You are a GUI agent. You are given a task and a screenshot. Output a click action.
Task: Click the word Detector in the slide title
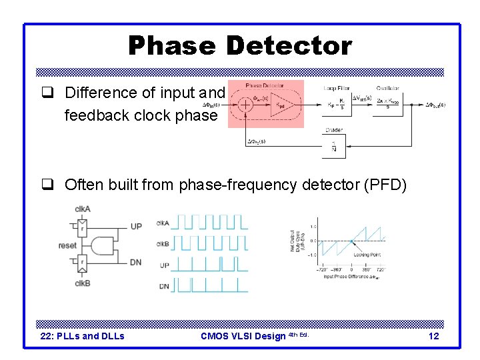point(289,46)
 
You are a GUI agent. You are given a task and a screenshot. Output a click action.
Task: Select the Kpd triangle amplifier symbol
point(283,104)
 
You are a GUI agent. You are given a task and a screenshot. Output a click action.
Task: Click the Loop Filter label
point(337,87)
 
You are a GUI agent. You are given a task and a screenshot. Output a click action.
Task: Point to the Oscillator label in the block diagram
point(389,87)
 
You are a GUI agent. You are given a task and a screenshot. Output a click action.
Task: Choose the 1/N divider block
point(333,146)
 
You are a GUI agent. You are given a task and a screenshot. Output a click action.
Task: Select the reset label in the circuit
point(67,245)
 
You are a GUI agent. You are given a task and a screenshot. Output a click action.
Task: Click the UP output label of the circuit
point(135,227)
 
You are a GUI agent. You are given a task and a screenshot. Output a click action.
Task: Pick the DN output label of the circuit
point(135,263)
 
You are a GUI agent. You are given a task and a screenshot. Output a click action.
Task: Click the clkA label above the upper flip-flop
point(83,209)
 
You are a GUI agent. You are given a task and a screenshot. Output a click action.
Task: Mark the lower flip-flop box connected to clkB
point(83,263)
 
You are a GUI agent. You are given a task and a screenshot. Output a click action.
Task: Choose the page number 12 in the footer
point(433,336)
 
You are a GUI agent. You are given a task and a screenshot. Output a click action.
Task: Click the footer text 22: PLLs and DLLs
point(83,336)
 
